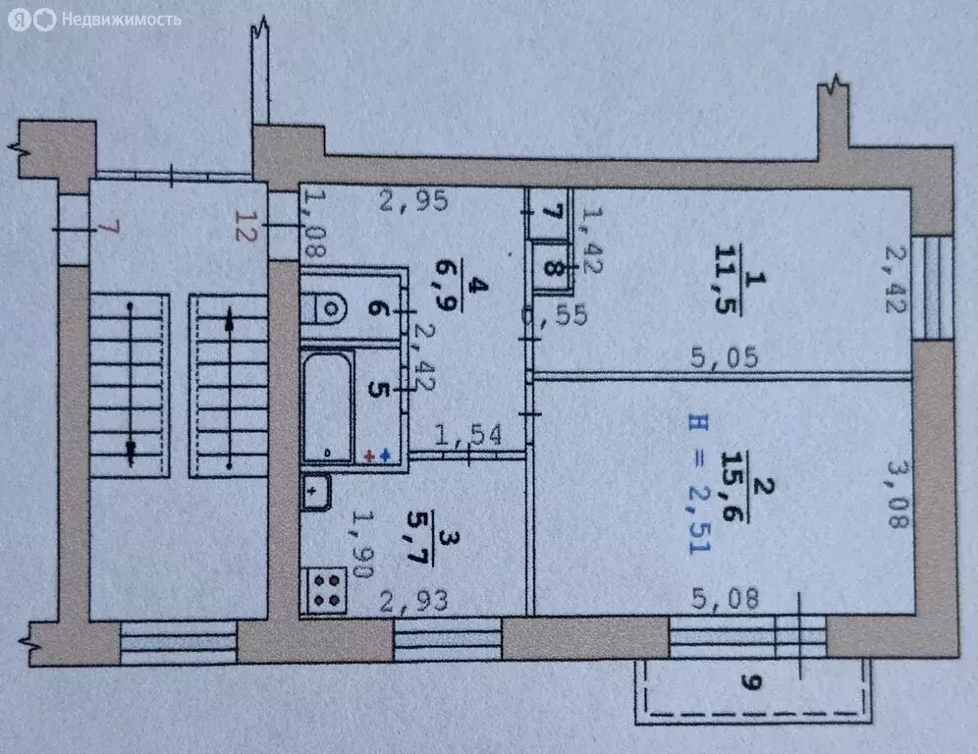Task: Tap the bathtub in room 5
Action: pos(327,406)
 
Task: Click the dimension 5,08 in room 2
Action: pos(727,598)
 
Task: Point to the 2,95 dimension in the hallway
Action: pos(414,202)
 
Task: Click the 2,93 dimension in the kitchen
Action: pos(414,598)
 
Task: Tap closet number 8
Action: pos(555,268)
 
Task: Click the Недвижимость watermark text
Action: pos(120,19)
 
